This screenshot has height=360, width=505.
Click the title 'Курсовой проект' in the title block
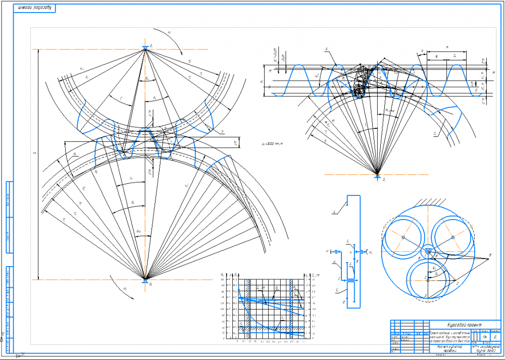point(463,325)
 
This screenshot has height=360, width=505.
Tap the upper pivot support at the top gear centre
point(145,48)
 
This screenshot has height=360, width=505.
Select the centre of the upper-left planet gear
point(404,237)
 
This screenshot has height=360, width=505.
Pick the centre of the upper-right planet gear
point(453,237)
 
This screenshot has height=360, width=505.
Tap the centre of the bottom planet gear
point(428,278)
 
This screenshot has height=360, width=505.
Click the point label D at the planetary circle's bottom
point(426,294)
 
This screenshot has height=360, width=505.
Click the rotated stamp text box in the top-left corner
point(34,8)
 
